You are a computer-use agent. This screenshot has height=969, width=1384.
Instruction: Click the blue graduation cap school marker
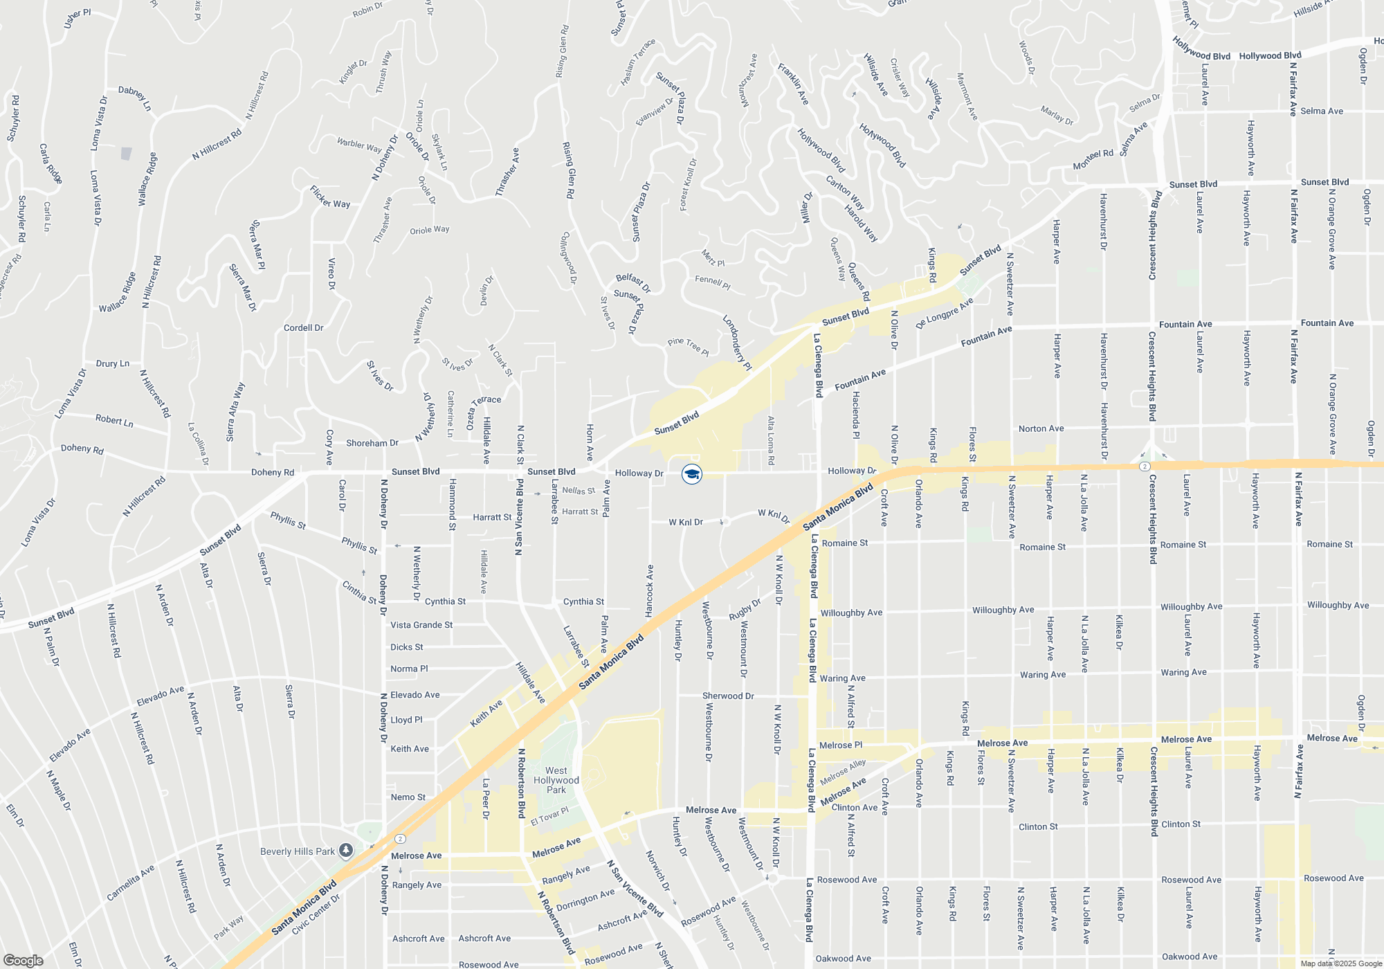click(691, 474)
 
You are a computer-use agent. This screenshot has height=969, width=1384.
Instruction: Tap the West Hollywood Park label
click(556, 780)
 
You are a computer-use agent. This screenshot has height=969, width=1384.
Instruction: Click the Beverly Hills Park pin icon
click(347, 850)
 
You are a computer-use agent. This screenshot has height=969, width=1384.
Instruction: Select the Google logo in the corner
click(23, 961)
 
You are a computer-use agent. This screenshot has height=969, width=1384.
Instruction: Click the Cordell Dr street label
click(303, 328)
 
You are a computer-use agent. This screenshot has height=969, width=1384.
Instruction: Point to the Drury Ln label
click(112, 363)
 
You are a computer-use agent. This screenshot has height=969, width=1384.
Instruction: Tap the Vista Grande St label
click(421, 625)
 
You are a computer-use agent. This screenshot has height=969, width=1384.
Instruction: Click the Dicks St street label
click(406, 647)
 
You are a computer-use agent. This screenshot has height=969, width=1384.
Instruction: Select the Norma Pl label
click(409, 669)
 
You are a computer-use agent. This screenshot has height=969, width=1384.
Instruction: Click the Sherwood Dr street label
click(728, 696)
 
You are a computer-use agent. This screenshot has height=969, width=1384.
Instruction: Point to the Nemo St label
click(408, 797)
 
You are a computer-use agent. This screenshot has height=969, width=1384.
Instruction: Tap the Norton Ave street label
click(1041, 428)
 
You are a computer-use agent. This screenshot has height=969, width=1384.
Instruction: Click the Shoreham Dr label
click(372, 443)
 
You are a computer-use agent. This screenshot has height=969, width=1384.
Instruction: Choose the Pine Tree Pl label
click(688, 347)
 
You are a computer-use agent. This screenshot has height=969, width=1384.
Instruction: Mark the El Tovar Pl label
click(549, 817)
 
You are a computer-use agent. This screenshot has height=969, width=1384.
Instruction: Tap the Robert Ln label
click(114, 420)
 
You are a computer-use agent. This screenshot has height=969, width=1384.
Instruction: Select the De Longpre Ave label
click(945, 313)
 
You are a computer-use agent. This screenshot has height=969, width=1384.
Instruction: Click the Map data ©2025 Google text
click(1340, 963)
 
